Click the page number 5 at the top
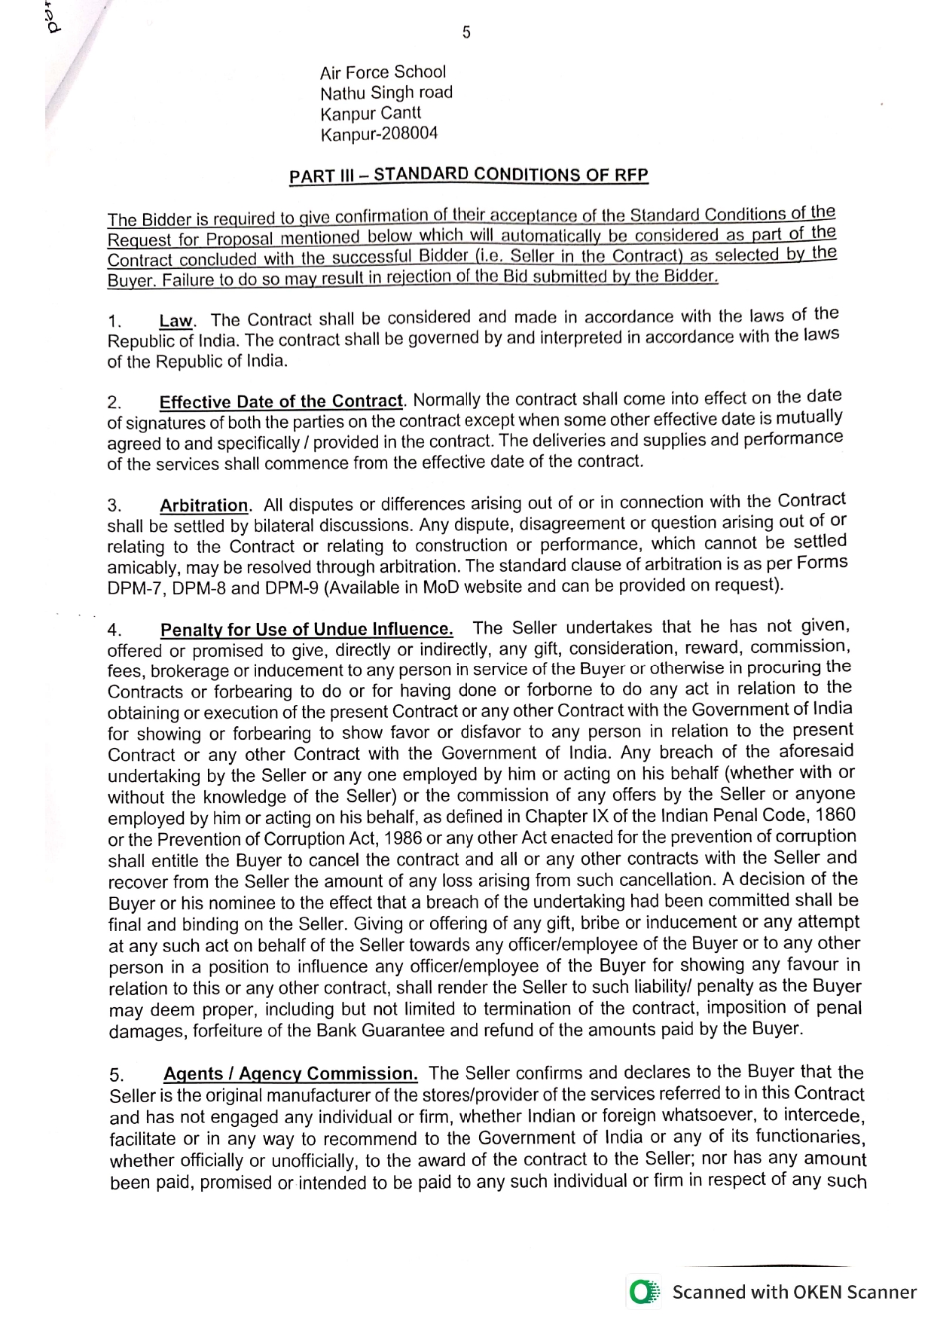(467, 32)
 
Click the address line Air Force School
(383, 72)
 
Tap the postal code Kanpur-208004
(379, 135)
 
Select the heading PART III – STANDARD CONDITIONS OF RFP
(469, 175)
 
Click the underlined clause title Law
(176, 321)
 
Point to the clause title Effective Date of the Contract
(282, 401)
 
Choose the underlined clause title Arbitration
(203, 505)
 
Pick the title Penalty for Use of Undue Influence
(307, 629)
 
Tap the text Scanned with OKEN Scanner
(794, 1292)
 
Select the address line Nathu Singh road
(386, 93)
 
